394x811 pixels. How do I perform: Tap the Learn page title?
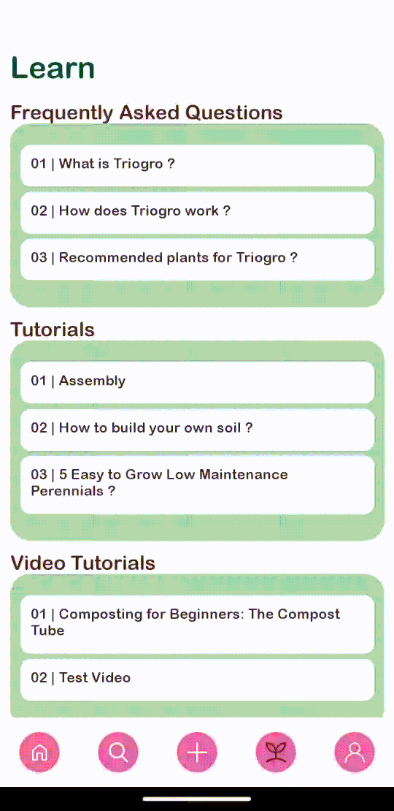click(53, 68)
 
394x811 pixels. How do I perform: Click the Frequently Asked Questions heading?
click(147, 113)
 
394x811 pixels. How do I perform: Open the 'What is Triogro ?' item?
click(197, 165)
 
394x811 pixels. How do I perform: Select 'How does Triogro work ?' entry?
click(197, 212)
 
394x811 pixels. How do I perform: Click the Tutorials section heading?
click(53, 330)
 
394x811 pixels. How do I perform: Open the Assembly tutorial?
click(197, 382)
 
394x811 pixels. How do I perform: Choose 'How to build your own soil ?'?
click(197, 430)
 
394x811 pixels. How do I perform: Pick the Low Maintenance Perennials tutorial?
click(197, 484)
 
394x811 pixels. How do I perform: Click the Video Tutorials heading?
click(83, 563)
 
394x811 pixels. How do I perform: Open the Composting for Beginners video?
click(197, 624)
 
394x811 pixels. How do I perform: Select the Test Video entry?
click(197, 679)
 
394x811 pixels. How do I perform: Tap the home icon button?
click(39, 752)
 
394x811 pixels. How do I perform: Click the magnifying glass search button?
click(118, 752)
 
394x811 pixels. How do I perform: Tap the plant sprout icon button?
click(276, 752)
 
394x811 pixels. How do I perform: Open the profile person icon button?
click(355, 752)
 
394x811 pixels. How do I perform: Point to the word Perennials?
click(67, 491)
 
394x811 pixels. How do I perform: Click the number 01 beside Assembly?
click(39, 381)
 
